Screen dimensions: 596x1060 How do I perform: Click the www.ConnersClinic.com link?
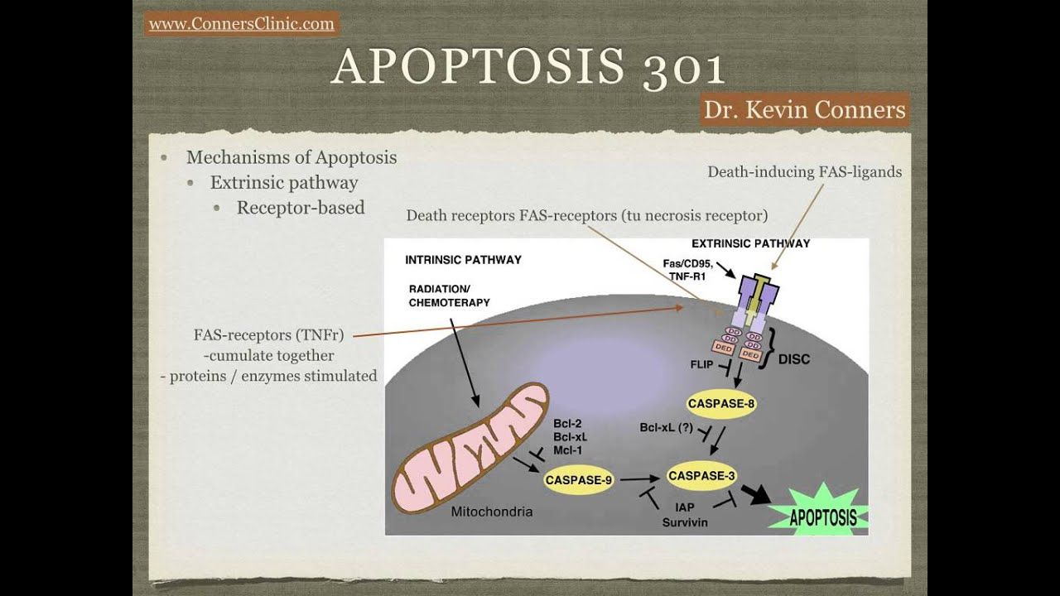tap(242, 24)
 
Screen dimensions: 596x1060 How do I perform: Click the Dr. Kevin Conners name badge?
tap(804, 109)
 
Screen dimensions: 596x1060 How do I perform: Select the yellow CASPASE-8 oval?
tap(721, 404)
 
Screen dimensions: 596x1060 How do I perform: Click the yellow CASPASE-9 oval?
tap(578, 479)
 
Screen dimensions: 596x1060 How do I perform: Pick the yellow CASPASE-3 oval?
tap(701, 476)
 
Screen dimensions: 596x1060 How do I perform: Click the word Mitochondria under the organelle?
tap(491, 512)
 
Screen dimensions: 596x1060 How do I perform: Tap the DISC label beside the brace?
tap(794, 359)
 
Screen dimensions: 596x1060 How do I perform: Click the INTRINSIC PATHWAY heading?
tap(463, 260)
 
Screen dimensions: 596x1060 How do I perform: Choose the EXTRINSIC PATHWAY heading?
tap(750, 243)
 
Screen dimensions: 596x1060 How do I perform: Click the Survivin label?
tap(685, 522)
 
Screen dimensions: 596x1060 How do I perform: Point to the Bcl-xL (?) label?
tap(666, 428)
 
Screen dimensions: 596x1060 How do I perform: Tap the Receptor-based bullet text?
tap(301, 208)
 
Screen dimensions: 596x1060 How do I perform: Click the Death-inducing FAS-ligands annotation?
tap(804, 172)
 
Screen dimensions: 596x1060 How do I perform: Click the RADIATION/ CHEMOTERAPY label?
tap(450, 296)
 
